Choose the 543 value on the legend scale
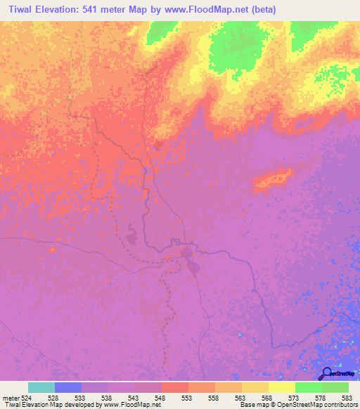(135, 398)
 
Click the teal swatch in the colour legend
(41, 387)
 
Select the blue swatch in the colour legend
(68, 387)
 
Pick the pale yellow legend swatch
(282, 387)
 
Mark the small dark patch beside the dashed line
(132, 230)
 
